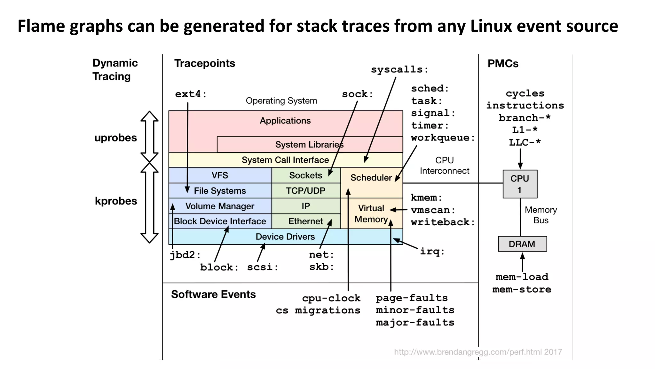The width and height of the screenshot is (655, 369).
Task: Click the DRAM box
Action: click(522, 244)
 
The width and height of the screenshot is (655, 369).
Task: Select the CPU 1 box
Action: click(520, 184)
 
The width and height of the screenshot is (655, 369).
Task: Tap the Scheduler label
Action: click(371, 178)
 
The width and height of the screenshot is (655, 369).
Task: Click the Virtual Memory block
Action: click(371, 213)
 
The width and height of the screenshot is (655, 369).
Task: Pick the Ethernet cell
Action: click(305, 221)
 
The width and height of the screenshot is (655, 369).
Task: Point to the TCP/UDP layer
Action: click(305, 191)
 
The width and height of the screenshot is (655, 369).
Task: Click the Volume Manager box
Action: click(220, 206)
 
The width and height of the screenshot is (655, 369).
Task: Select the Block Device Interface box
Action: click(220, 221)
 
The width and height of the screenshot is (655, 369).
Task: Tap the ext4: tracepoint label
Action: click(191, 94)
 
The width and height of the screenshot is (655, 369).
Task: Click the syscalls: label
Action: click(399, 69)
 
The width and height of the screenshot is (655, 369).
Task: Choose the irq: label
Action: click(432, 252)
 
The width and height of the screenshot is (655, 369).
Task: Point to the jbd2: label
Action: click(185, 255)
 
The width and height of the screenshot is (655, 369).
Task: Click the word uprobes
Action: click(115, 138)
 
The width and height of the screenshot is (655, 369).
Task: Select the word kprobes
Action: click(116, 201)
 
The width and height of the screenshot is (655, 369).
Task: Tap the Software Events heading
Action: click(213, 294)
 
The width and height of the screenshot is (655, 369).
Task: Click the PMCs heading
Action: click(503, 64)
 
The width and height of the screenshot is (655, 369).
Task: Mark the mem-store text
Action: click(522, 290)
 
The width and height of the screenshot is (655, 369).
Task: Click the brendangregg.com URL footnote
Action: click(478, 352)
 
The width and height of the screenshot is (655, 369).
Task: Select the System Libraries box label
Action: click(309, 145)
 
